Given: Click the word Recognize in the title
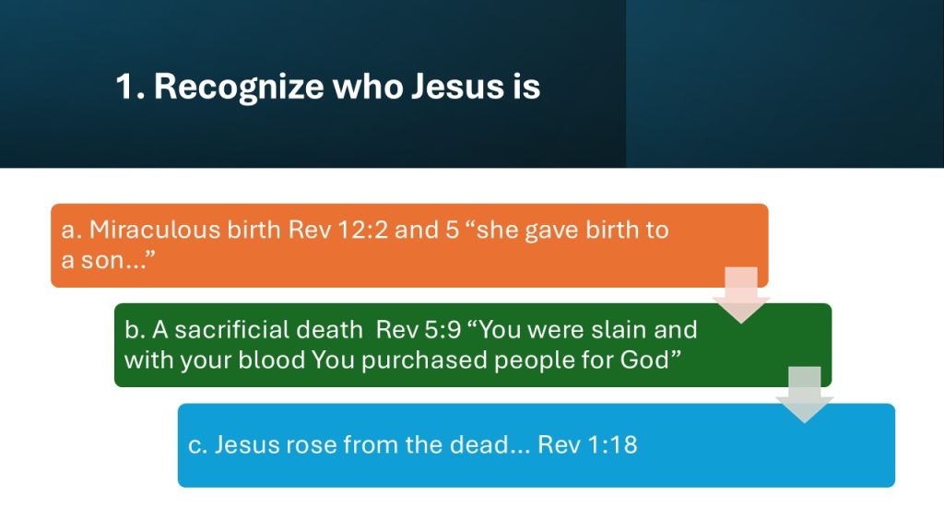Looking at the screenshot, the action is point(239,87).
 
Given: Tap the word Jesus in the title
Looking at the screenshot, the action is point(457,86).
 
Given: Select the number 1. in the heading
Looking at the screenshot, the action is point(130,86).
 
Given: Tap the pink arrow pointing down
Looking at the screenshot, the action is point(741,295).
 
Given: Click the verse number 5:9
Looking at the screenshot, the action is point(442,330).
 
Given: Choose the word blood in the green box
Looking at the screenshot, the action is point(272,360).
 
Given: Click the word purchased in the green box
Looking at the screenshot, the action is point(424,360).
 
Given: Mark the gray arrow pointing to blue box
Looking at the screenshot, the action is point(805,395).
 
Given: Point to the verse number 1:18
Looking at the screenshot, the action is point(612,445).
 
